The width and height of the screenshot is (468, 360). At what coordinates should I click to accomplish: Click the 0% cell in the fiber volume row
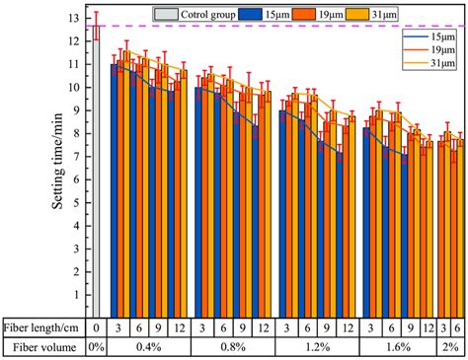pos(96,347)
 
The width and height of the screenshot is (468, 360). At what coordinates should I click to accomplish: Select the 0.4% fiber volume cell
pos(149,347)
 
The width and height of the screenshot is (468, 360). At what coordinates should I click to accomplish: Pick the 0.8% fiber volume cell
pos(233,347)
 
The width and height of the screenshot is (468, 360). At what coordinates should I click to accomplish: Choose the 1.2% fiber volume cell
pos(317,347)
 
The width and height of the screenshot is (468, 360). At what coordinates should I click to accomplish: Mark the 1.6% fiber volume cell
pos(400,347)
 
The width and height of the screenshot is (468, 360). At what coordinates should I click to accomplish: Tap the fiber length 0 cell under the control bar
pos(96,326)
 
